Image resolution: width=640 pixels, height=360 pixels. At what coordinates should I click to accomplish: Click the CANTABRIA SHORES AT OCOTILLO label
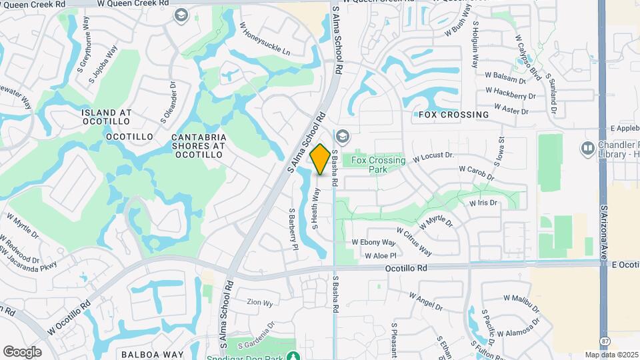pyautogui.click(x=199, y=146)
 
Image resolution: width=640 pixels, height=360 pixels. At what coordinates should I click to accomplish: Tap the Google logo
pyautogui.click(x=22, y=351)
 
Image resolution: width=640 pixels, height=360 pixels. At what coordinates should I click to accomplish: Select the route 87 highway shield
pyautogui.click(x=604, y=341)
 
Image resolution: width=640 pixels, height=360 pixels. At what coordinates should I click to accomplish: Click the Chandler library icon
pyautogui.click(x=588, y=147)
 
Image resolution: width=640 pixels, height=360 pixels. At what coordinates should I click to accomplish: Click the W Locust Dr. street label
pyautogui.click(x=433, y=158)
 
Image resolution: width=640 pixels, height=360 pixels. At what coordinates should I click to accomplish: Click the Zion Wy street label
pyautogui.click(x=259, y=303)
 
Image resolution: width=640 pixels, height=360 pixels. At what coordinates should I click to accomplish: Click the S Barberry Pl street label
pyautogui.click(x=292, y=229)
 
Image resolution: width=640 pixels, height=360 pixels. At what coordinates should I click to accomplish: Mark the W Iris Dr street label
pyautogui.click(x=483, y=203)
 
